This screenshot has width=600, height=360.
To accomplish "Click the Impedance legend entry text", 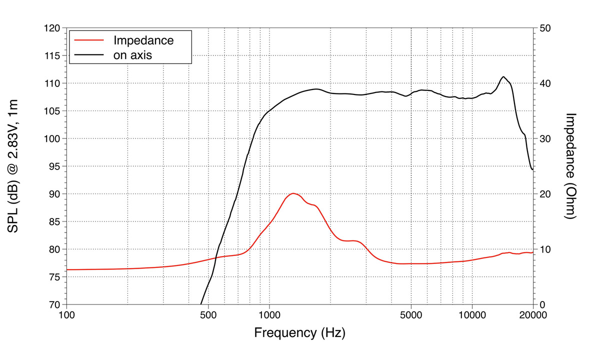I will coord(143,40).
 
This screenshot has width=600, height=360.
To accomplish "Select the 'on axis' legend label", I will coord(133,55).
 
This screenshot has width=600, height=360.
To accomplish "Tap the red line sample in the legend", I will coord(88,39).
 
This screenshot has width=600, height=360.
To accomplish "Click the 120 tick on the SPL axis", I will coord(52,28).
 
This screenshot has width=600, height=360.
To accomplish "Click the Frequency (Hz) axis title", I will coord(299,332).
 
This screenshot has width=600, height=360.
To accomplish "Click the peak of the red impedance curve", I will coord(293,193).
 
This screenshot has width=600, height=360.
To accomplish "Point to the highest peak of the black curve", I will coord(503,76).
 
